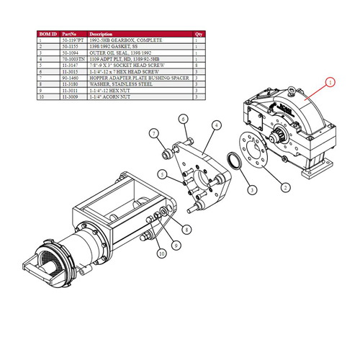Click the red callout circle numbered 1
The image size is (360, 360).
tap(330, 83)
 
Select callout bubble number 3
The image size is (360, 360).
tap(252, 190)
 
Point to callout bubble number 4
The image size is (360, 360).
tap(216, 125)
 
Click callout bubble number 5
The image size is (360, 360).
tap(163, 174)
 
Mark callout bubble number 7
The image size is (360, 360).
tap(153, 133)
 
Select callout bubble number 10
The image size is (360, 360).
tap(161, 253)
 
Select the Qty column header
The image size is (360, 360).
tap(199, 34)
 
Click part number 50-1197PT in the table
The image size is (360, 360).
tap(73, 40)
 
